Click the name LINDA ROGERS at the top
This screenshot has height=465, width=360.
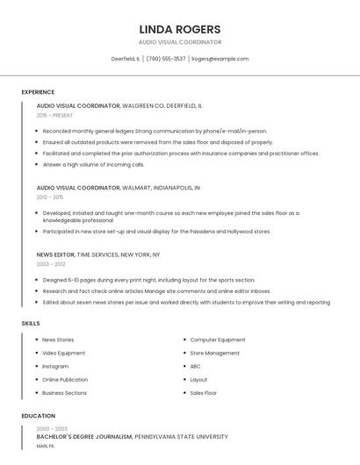pos(180,29)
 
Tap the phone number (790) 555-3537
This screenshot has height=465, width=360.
pos(166,59)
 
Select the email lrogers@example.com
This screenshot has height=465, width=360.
pos(220,59)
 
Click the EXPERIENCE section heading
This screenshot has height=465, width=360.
pos(38,92)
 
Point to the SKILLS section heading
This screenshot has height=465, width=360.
pos(31,324)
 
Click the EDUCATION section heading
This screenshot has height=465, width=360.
pos(38,416)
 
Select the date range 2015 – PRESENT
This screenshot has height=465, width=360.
pos(54,115)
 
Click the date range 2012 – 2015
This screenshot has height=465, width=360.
pos(50,197)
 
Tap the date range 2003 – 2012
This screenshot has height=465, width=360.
pos(51,263)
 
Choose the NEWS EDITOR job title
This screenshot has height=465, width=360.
pos(55,254)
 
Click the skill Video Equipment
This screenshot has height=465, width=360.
pos(64,353)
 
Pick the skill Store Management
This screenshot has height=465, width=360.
pos(215,353)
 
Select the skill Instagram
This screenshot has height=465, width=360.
pos(55,366)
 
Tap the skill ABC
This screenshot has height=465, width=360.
pos(196,366)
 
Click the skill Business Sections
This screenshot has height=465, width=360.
pos(65,393)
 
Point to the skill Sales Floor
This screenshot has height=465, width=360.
pos(204,393)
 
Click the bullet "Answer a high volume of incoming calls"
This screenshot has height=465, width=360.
pos(93,164)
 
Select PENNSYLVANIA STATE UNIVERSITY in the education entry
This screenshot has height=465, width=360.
pos(181,436)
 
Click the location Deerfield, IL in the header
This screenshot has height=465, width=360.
pos(126,59)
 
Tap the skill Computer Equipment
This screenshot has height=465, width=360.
pos(218,340)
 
